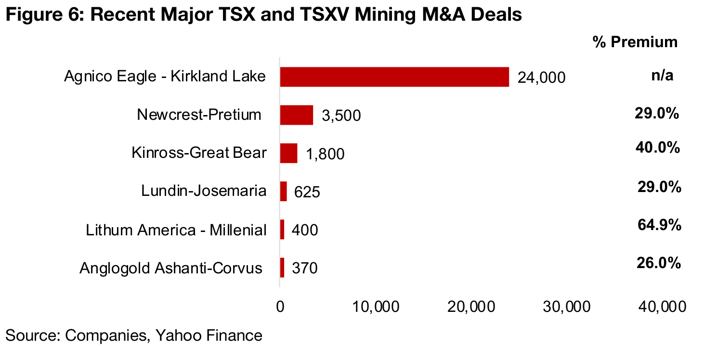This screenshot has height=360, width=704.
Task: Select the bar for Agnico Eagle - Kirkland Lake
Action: pos(394,77)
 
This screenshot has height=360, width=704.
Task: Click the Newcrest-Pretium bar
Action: pos(297,115)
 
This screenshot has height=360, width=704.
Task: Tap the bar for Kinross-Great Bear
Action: pos(288,153)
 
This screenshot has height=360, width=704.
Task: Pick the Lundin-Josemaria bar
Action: pos(284,192)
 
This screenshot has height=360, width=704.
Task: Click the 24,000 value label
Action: pos(541,77)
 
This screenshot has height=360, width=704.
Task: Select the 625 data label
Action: pos(307,193)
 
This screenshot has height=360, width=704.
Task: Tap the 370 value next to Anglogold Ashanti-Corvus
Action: pos(304,268)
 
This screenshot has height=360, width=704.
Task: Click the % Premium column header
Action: pos(635,42)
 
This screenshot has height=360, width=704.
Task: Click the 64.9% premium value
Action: pos(659,225)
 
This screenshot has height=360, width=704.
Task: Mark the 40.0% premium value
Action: pos(658,148)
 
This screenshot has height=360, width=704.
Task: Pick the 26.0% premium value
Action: pos(659,263)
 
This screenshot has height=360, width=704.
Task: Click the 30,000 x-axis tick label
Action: pos(567,307)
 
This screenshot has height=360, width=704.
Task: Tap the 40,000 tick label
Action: pos(663,307)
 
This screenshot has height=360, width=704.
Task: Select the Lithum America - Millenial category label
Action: pos(176,230)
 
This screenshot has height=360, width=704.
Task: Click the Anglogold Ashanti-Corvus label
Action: pos(171,268)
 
